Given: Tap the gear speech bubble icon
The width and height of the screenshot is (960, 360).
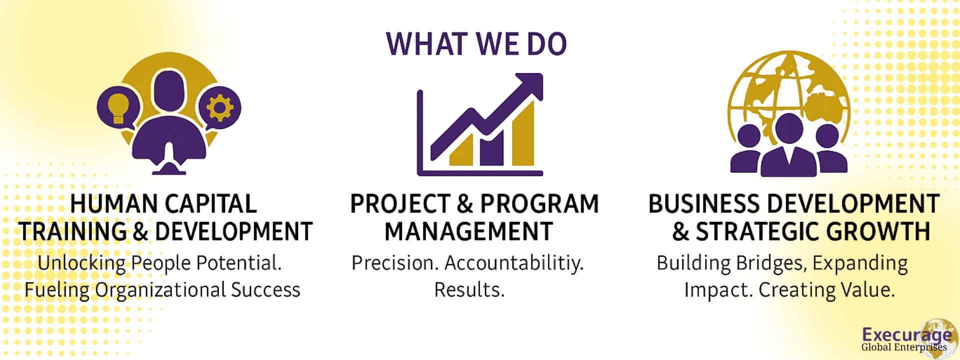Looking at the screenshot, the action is [x=219, y=107].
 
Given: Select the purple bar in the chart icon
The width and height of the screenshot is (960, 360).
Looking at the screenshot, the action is [x=491, y=148].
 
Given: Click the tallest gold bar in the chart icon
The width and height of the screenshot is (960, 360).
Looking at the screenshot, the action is [x=522, y=132].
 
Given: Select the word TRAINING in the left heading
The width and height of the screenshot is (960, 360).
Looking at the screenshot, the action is [x=73, y=231].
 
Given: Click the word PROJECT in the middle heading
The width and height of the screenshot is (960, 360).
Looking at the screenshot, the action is [x=400, y=204].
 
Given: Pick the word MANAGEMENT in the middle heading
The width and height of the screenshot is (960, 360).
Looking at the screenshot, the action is [x=468, y=231].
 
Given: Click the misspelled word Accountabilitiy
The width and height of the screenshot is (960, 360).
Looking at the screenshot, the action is [x=514, y=263].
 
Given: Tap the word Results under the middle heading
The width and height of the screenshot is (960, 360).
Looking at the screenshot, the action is [x=469, y=290].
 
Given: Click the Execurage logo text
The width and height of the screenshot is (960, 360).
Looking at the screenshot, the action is [x=907, y=334].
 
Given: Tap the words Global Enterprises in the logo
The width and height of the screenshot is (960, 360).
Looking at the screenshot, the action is [x=904, y=347].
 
